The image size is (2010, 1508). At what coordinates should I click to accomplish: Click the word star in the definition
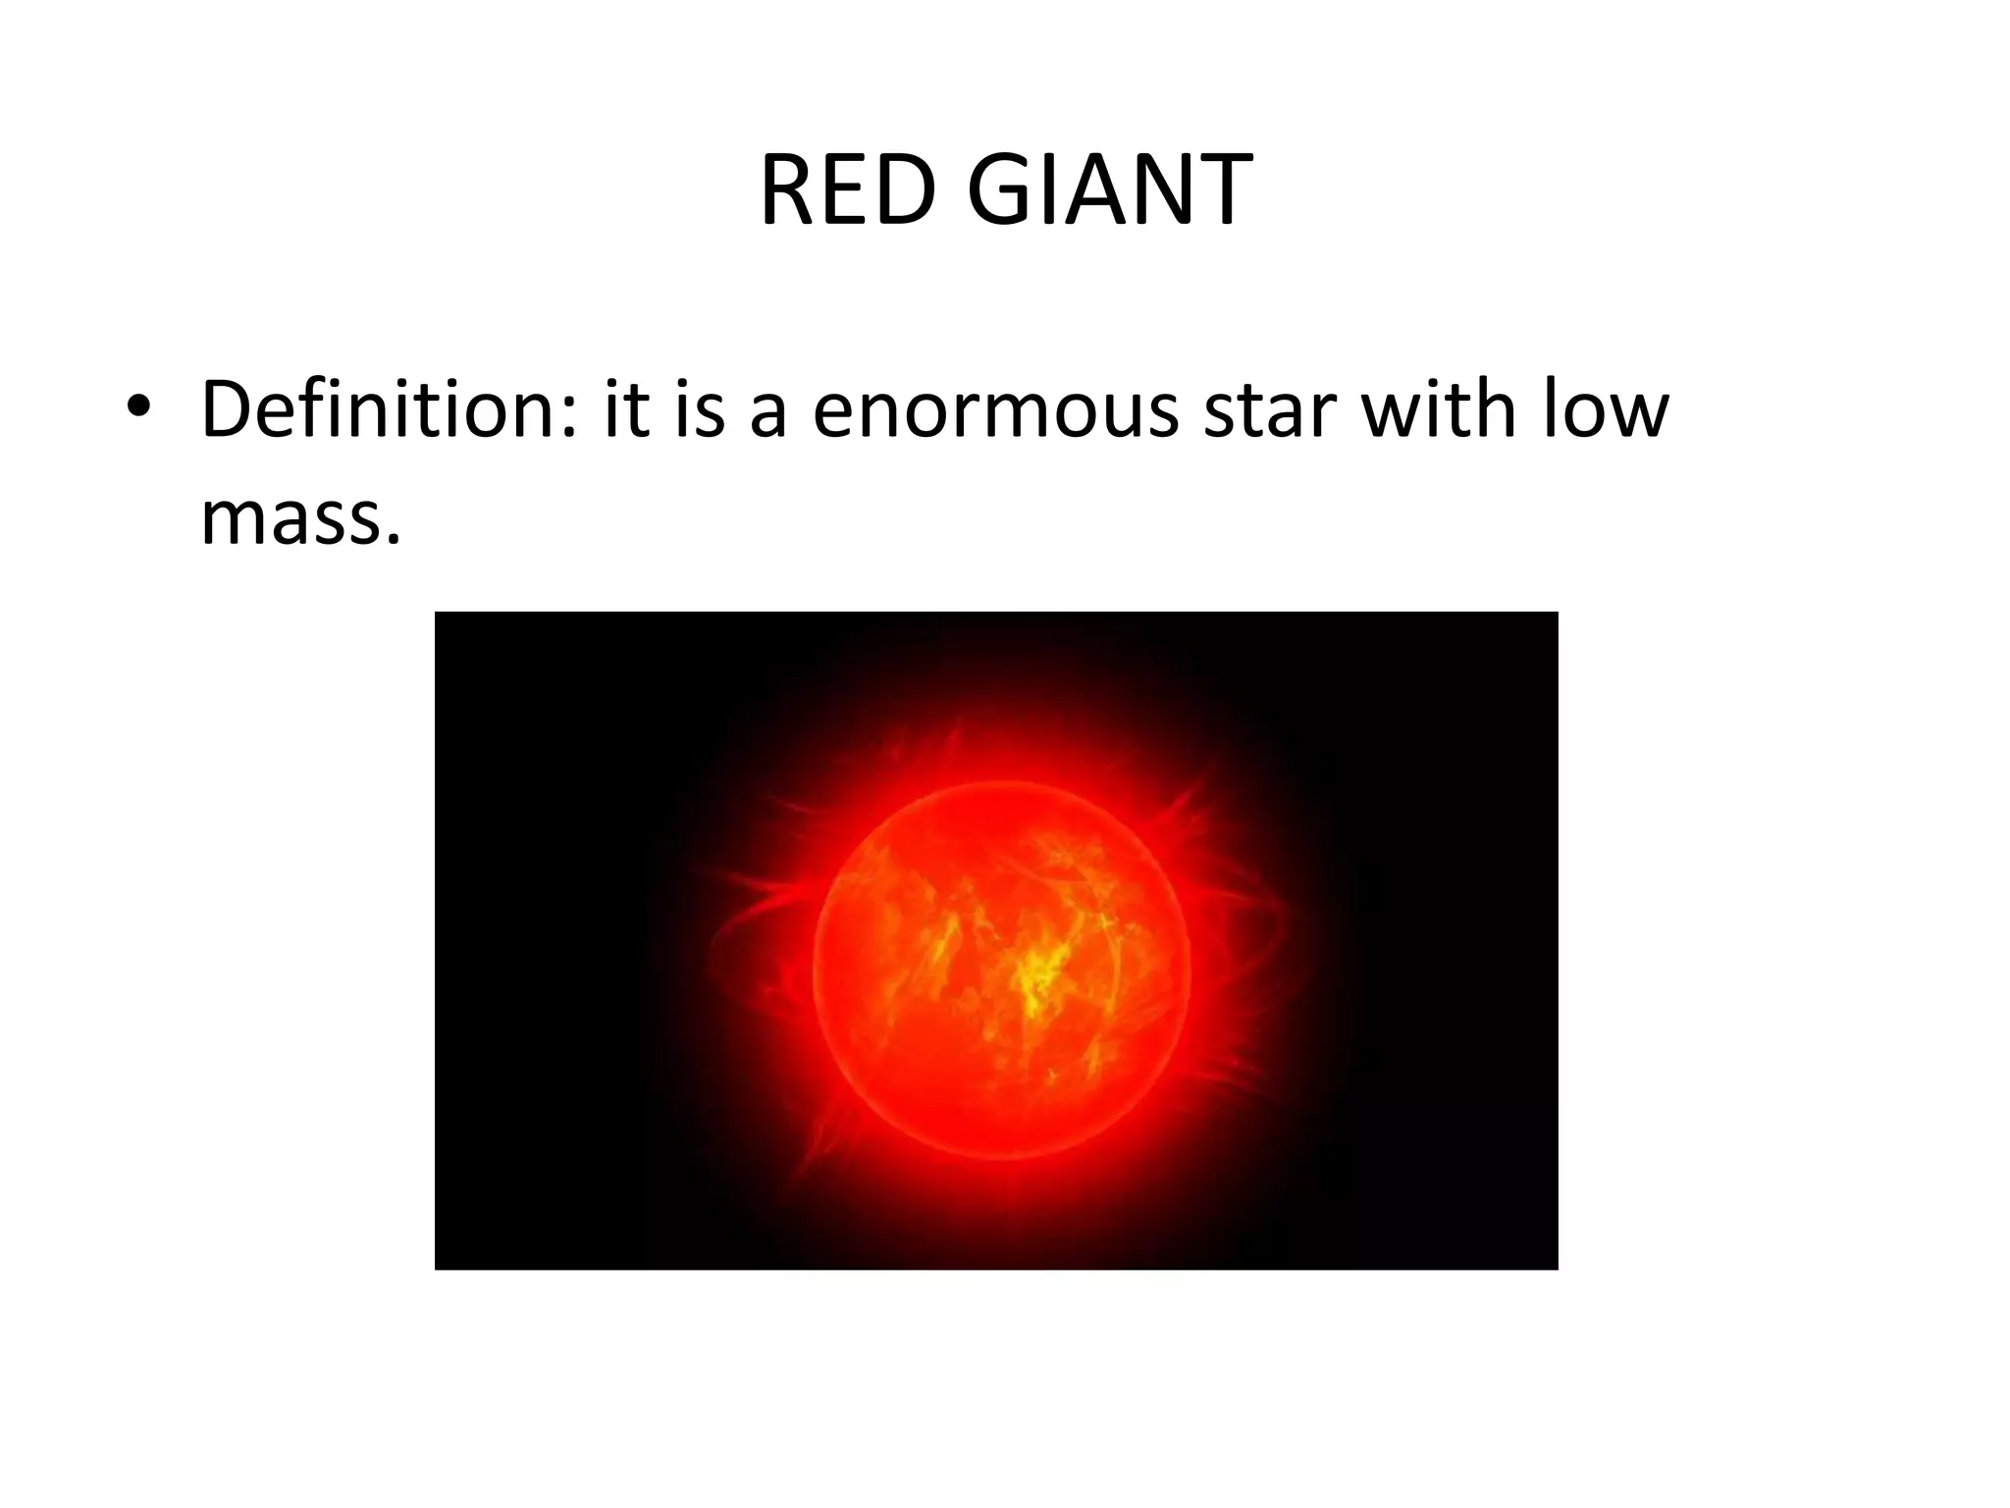tap(1271, 410)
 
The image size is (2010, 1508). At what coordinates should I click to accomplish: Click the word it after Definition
tap(626, 408)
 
